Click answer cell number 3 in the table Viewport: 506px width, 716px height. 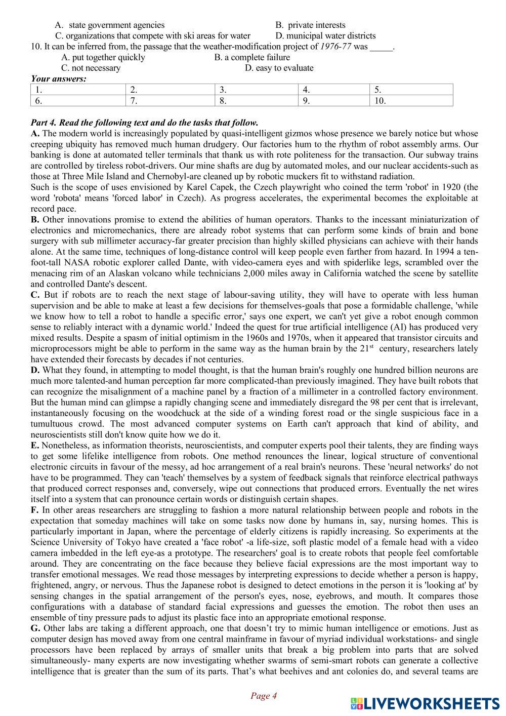tap(256, 90)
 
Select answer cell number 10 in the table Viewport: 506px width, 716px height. tap(411, 100)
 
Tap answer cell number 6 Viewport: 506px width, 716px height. tap(78, 100)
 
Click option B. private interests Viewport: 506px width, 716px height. tap(311, 25)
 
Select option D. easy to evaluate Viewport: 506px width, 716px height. tap(279, 68)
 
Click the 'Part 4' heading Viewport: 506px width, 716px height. tap(144, 123)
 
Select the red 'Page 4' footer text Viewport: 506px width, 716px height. tap(264, 696)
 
